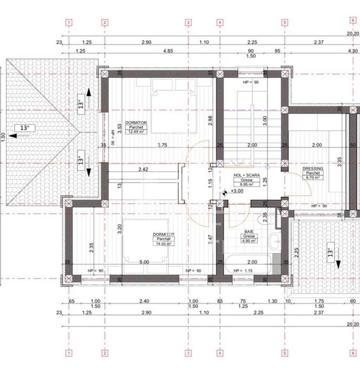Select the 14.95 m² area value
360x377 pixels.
pos(163,243)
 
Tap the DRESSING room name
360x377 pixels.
pos(313,168)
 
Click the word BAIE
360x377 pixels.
pos(248,231)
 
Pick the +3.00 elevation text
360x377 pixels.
pos(237,191)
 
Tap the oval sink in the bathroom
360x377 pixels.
pos(275,240)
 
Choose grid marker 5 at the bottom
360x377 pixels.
pos(285,353)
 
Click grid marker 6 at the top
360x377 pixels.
pos(353,20)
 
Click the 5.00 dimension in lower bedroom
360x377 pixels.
pos(144,262)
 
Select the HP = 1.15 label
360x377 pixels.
pos(243,271)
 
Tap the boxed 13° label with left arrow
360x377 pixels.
pos(25,127)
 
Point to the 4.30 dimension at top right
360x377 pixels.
pos(353,51)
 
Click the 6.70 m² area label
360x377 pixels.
pos(313,178)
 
